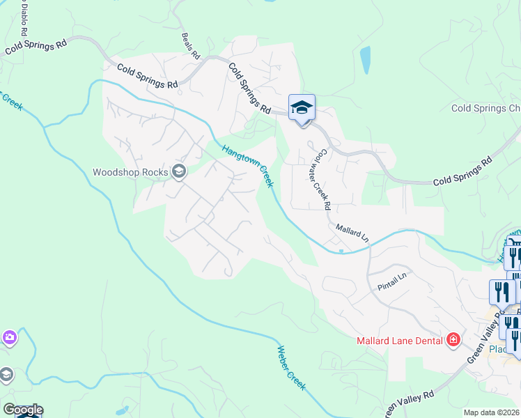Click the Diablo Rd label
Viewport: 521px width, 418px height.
click(x=24, y=19)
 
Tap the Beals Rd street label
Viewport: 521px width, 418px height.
click(x=190, y=45)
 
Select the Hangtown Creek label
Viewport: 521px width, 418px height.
click(x=247, y=166)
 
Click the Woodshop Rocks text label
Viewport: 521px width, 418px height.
click(x=132, y=171)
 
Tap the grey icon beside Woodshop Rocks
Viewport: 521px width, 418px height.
click(x=179, y=171)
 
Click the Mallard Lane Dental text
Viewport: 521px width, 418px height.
click(x=401, y=341)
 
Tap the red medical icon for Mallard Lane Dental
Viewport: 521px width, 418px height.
click(x=453, y=340)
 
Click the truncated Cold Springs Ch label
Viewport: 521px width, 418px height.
click(x=485, y=108)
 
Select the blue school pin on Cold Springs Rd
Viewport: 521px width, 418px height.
click(x=302, y=108)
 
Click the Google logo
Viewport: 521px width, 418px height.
click(x=22, y=410)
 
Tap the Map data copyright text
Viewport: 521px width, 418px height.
click(x=492, y=412)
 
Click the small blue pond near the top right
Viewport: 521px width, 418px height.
click(x=364, y=60)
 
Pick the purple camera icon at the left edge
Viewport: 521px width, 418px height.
click(x=8, y=337)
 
